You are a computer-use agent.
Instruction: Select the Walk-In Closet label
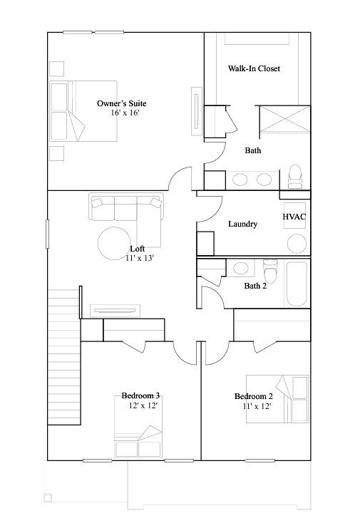(253, 69)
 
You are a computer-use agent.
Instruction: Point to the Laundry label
(242, 224)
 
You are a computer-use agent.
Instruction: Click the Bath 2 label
(254, 286)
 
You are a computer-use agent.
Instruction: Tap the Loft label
(138, 249)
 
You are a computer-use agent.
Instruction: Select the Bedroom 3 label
(140, 395)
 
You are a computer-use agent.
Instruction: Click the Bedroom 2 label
(253, 396)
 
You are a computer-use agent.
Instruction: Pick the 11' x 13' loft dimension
(138, 258)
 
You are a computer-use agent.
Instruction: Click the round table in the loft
(113, 244)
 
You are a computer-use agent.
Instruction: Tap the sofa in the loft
(125, 208)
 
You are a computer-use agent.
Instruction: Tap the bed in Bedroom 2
(278, 399)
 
